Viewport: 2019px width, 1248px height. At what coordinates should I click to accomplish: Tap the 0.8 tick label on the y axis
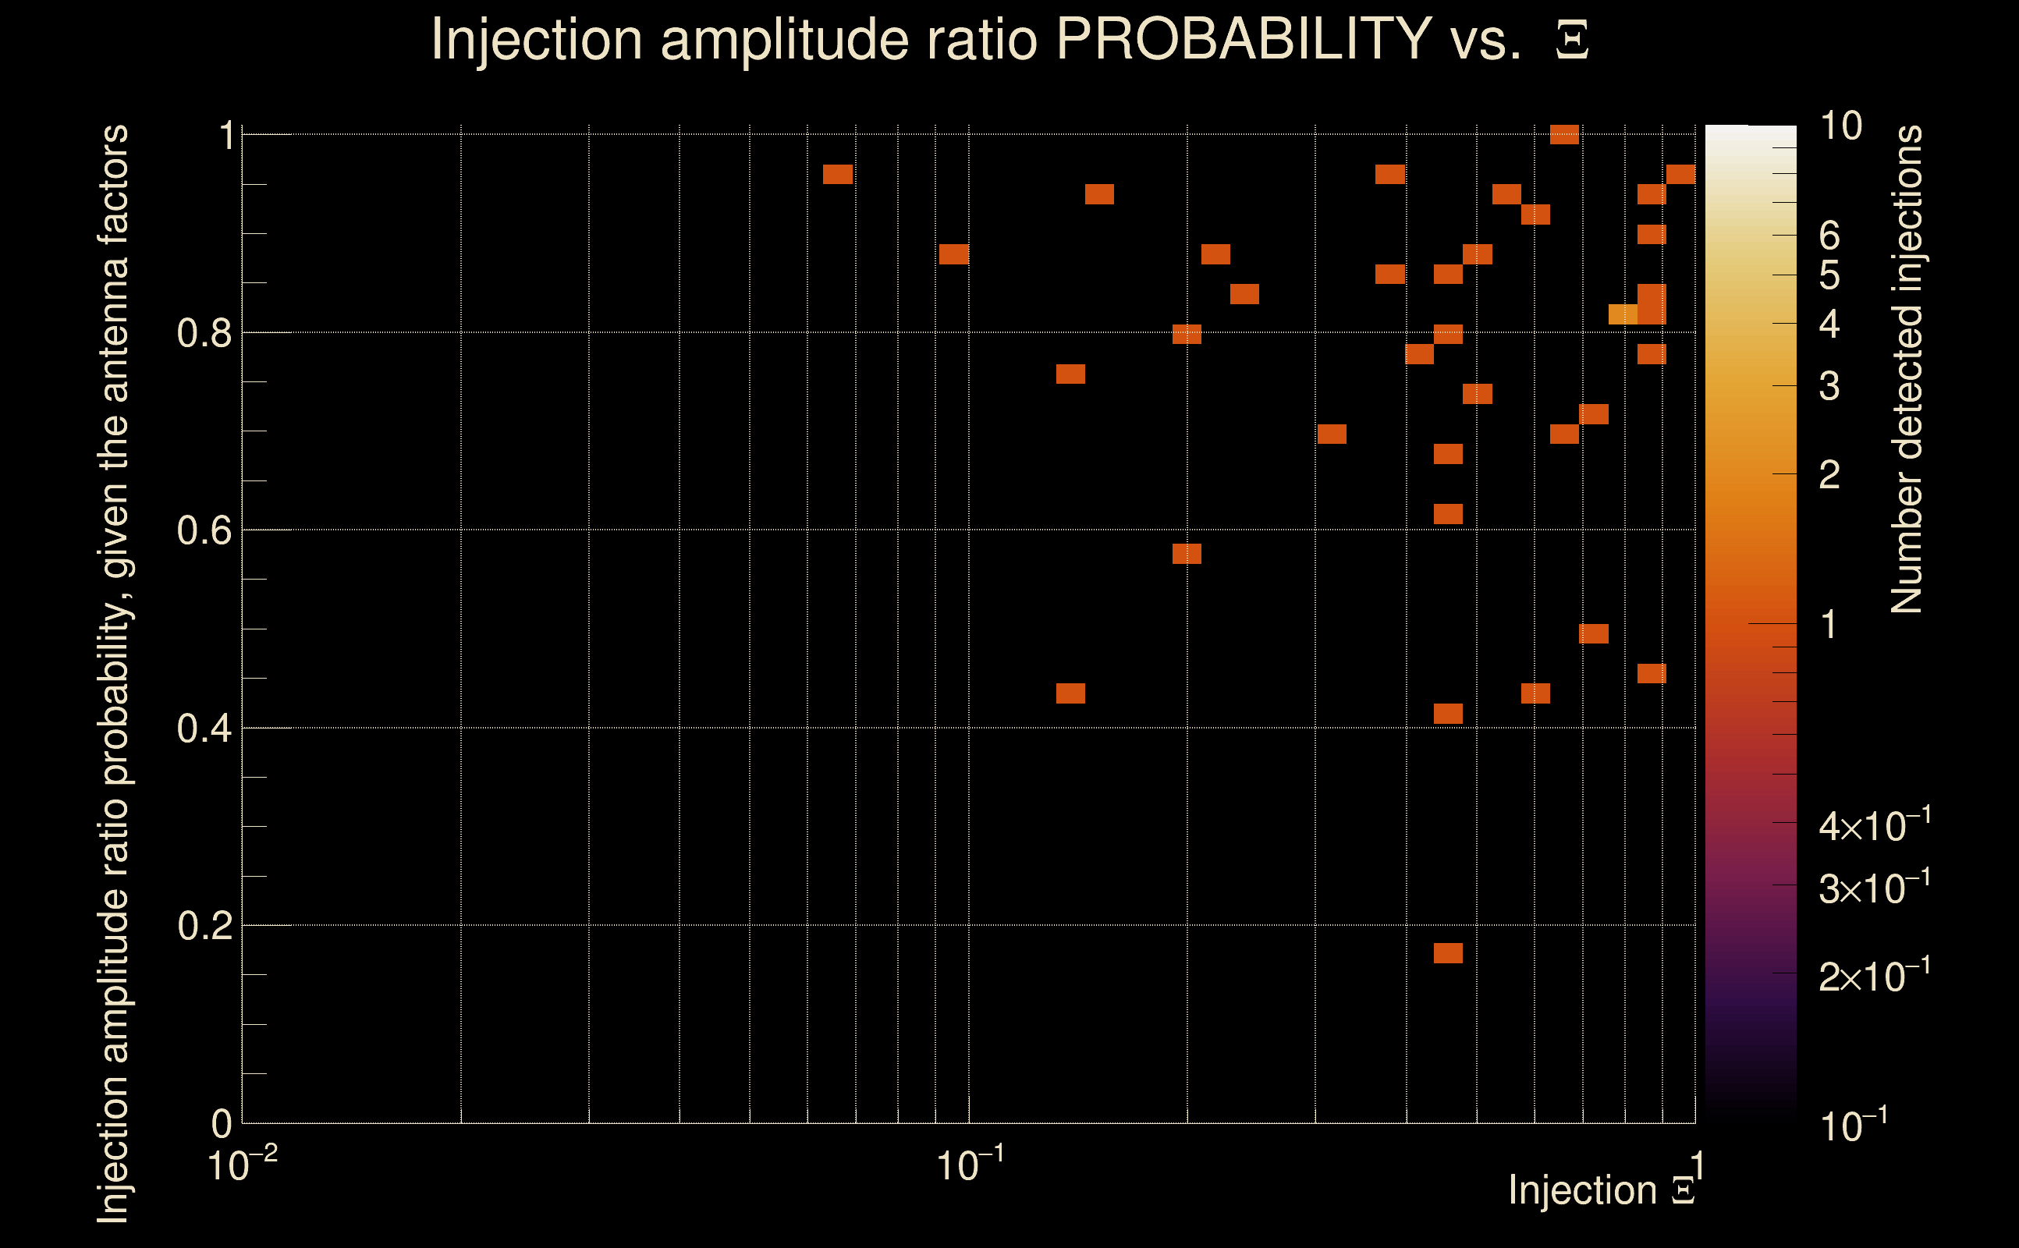204,334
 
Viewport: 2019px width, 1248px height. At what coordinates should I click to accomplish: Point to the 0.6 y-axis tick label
204,530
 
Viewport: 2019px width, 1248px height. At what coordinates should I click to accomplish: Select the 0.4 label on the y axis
204,729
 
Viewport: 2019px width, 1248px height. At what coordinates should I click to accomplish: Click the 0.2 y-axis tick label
204,926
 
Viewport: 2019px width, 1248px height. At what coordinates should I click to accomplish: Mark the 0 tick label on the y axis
222,1123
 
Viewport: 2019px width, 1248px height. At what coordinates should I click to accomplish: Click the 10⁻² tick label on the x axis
241,1165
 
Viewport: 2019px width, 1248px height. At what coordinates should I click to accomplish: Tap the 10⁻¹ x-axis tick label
969,1165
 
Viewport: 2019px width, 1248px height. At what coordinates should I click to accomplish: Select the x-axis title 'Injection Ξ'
1602,1190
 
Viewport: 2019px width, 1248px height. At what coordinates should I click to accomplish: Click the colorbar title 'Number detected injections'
1907,369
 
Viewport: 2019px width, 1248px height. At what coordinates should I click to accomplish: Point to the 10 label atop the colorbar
1840,126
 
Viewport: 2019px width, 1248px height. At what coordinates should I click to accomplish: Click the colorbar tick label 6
1829,236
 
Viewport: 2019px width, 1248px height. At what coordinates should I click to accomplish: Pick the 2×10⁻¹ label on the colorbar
1875,977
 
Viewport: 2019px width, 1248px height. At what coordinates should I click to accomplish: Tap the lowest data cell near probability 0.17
1448,953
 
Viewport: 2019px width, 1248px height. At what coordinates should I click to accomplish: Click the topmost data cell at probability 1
1564,134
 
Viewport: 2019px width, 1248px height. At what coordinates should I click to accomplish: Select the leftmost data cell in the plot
838,174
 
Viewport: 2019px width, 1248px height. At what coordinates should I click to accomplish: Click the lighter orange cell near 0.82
1623,314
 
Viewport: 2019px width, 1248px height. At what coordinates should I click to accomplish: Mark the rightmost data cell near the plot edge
1680,174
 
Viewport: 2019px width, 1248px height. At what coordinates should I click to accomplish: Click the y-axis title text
114,672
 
